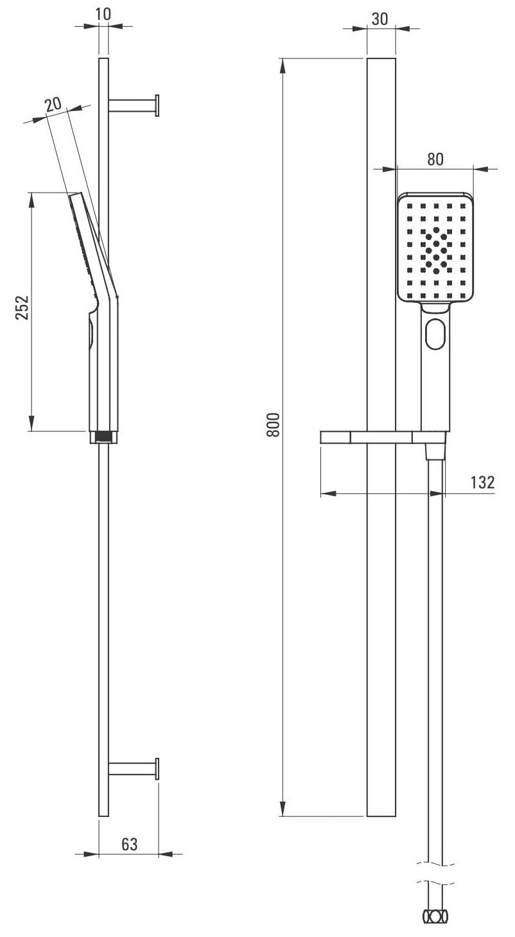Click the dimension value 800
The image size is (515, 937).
tap(274, 424)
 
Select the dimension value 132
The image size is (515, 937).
tap(482, 482)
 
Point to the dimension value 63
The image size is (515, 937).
tap(129, 844)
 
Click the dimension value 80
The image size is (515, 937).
tap(435, 159)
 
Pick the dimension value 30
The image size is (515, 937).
tap(380, 19)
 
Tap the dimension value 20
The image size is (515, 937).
tap(53, 104)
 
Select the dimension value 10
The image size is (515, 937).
tap(103, 15)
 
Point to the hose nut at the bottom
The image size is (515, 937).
tap(435, 916)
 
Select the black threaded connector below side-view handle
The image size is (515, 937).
tap(103, 437)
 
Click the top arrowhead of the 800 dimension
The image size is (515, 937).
tap(283, 64)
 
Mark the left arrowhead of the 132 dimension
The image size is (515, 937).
tap(326, 493)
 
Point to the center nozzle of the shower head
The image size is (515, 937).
tap(436, 243)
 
